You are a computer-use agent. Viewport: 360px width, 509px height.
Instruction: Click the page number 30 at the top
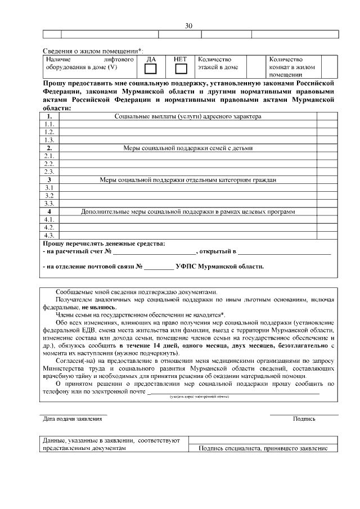tap(188, 26)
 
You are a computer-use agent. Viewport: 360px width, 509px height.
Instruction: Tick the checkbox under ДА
tap(151, 69)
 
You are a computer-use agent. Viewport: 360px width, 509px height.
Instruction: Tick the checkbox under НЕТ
tap(181, 69)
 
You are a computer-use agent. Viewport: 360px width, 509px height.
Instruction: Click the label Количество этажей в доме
tap(218, 63)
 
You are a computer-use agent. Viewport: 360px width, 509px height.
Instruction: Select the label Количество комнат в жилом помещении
tap(292, 67)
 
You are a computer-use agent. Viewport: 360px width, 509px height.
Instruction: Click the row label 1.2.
tap(49, 132)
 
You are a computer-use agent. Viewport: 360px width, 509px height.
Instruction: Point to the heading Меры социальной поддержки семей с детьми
tap(188, 148)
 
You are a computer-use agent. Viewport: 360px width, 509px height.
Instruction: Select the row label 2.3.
tap(49, 172)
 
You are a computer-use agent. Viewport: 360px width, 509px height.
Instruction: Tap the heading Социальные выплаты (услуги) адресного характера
tap(188, 116)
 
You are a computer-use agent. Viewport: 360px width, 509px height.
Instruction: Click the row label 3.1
tap(49, 188)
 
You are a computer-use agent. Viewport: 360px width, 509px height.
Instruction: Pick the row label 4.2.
tap(49, 227)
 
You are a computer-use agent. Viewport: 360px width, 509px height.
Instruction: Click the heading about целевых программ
tap(188, 211)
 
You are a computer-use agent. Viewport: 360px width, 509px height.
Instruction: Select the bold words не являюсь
tap(99, 308)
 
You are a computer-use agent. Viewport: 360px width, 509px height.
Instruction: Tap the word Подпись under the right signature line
tap(304, 419)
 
